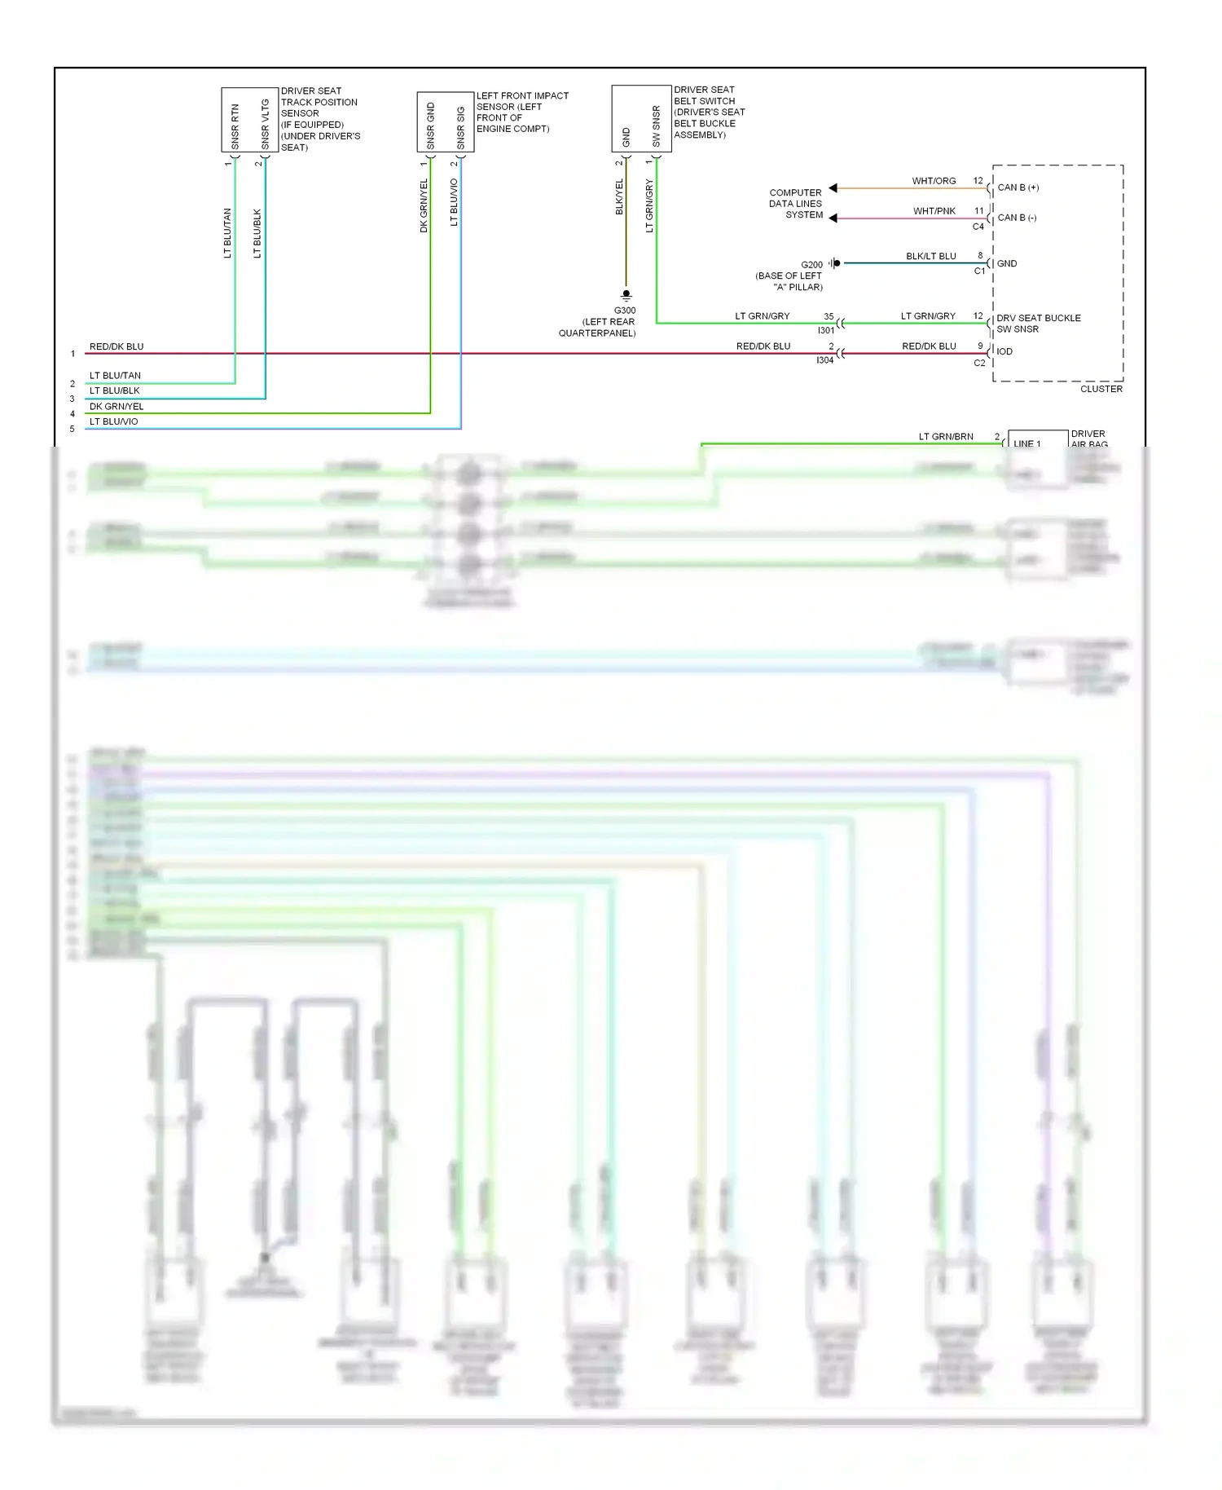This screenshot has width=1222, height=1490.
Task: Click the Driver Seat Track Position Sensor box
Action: click(x=250, y=120)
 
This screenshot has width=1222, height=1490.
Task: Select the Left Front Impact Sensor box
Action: click(x=445, y=122)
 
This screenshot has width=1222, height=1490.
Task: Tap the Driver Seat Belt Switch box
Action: click(x=641, y=118)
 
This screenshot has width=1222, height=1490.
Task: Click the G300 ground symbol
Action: click(x=626, y=294)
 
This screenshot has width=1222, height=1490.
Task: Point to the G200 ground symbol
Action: click(x=835, y=263)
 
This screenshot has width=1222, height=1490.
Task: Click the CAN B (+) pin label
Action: click(x=1018, y=187)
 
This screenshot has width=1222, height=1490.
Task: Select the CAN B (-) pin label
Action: click(x=1017, y=218)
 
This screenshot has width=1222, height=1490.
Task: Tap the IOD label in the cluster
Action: click(x=1004, y=351)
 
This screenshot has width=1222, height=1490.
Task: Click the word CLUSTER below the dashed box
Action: click(x=1101, y=389)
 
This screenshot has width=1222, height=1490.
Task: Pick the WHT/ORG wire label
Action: click(x=934, y=181)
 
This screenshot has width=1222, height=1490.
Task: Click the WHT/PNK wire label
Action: click(x=934, y=211)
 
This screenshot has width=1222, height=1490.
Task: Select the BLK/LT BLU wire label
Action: click(x=930, y=256)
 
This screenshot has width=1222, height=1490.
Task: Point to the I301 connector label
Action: click(x=826, y=330)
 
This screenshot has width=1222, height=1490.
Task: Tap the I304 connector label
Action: click(x=824, y=360)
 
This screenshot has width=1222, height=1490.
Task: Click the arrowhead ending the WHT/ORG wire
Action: click(x=833, y=188)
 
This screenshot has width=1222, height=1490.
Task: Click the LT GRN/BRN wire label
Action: click(x=946, y=436)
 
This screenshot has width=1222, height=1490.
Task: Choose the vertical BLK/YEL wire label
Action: click(x=618, y=197)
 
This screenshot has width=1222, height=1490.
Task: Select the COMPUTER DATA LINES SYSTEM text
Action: click(x=795, y=204)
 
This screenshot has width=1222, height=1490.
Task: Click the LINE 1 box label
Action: click(x=1026, y=443)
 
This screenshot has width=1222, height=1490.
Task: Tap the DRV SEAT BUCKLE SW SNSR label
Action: click(x=1038, y=324)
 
